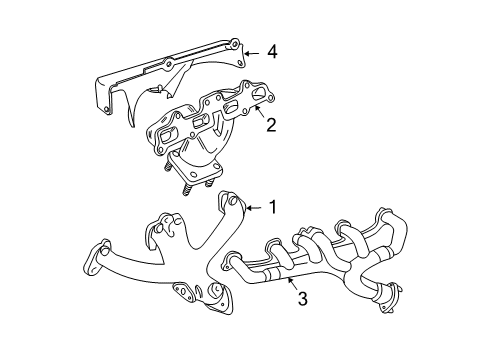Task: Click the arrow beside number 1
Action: pos(252,207)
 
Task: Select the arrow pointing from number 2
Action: pos(255,119)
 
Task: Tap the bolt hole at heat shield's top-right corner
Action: pos(232,44)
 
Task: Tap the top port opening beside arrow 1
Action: pos(233,205)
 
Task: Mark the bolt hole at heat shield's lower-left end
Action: pos(103,102)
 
